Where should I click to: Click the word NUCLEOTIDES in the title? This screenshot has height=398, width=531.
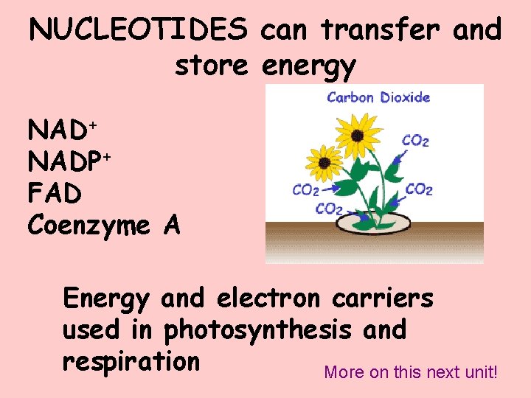coord(139,30)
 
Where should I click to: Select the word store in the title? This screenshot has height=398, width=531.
coord(211,66)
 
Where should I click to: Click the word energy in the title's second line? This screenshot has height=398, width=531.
coord(307,67)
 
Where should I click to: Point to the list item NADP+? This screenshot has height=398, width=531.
coord(69,161)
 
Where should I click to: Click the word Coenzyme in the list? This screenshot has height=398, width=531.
coord(88,226)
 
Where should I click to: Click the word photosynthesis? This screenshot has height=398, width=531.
coord(257,330)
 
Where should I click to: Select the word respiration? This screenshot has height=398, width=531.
coord(131,362)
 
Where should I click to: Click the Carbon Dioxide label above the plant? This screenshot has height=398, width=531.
coord(378,97)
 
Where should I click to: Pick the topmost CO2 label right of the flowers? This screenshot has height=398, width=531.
coord(416,140)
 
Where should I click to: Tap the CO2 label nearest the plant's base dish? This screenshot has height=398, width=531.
coord(329,209)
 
